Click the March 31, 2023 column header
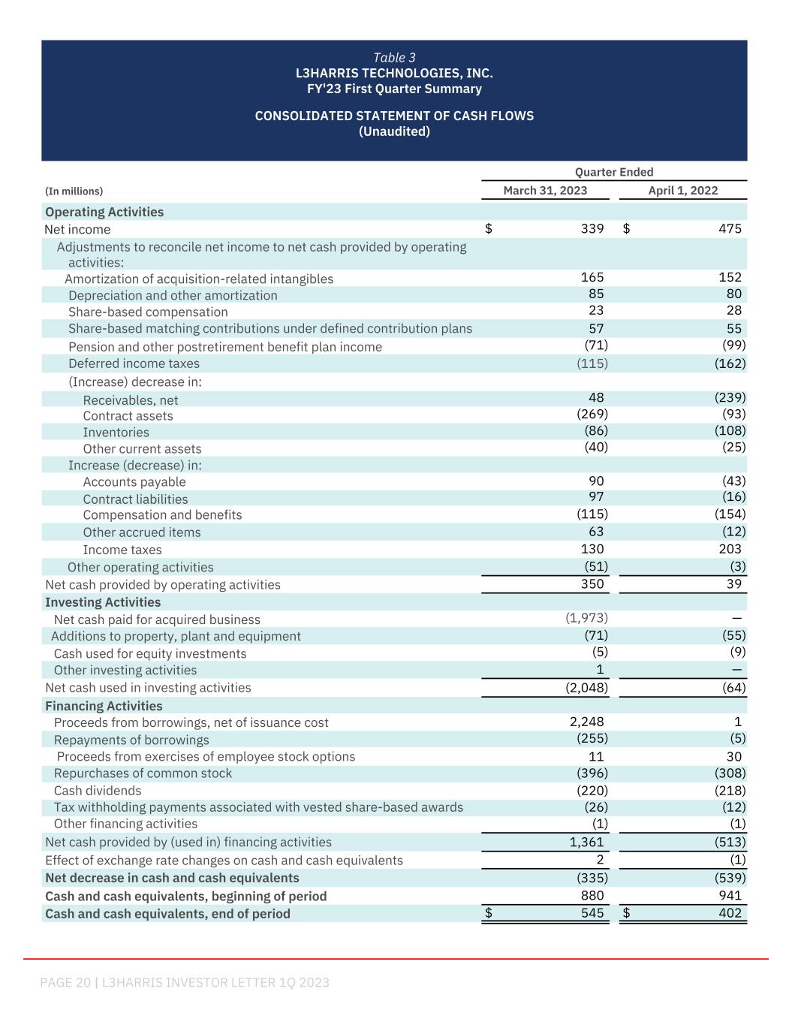[x=545, y=191]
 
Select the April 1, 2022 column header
[x=682, y=191]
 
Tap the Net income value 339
[x=592, y=229]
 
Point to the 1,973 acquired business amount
[x=586, y=618]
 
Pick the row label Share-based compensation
[x=148, y=312]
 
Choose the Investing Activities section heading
[x=103, y=602]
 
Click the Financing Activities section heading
[x=104, y=706]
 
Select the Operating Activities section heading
[x=104, y=212]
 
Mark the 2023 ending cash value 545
[x=592, y=913]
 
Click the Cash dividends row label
[x=98, y=791]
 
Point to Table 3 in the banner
[x=394, y=58]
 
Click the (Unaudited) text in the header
[x=394, y=131]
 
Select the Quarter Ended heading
[x=614, y=172]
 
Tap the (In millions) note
[x=74, y=191]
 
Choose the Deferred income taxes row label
[x=134, y=363]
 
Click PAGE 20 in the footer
[x=65, y=982]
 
